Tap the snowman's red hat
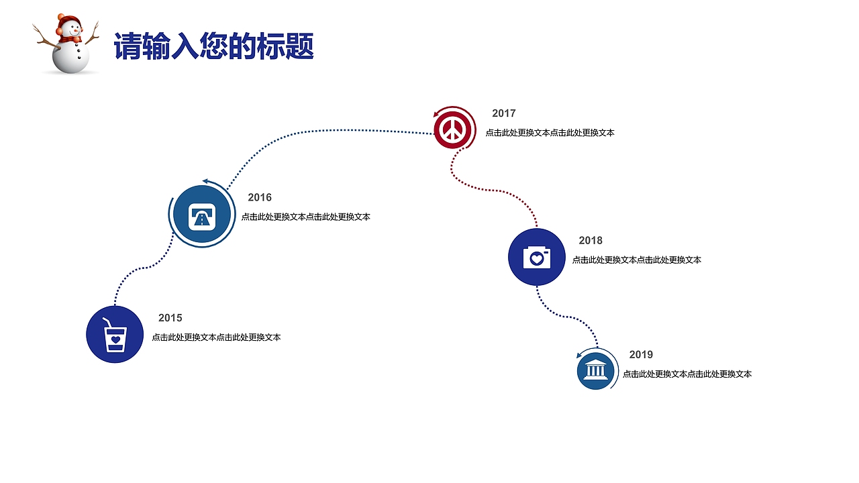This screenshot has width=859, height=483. click(x=67, y=19)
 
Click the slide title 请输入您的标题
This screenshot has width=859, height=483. click(x=213, y=46)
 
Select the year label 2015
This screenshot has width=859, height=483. click(x=170, y=318)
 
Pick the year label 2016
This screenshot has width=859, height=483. click(x=260, y=197)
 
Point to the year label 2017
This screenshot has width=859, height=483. click(x=503, y=113)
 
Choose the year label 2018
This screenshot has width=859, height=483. click(x=591, y=240)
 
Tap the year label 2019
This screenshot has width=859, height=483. click(x=641, y=354)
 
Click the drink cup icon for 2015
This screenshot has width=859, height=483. click(x=115, y=334)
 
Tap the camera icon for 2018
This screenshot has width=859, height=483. click(x=536, y=257)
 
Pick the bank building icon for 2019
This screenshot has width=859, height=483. click(x=596, y=370)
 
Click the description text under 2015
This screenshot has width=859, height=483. click(x=216, y=337)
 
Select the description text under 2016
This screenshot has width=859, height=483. click(x=305, y=217)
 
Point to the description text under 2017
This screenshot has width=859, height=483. click(x=550, y=133)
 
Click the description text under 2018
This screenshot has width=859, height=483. click(x=636, y=260)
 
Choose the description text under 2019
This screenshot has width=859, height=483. click(x=687, y=374)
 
